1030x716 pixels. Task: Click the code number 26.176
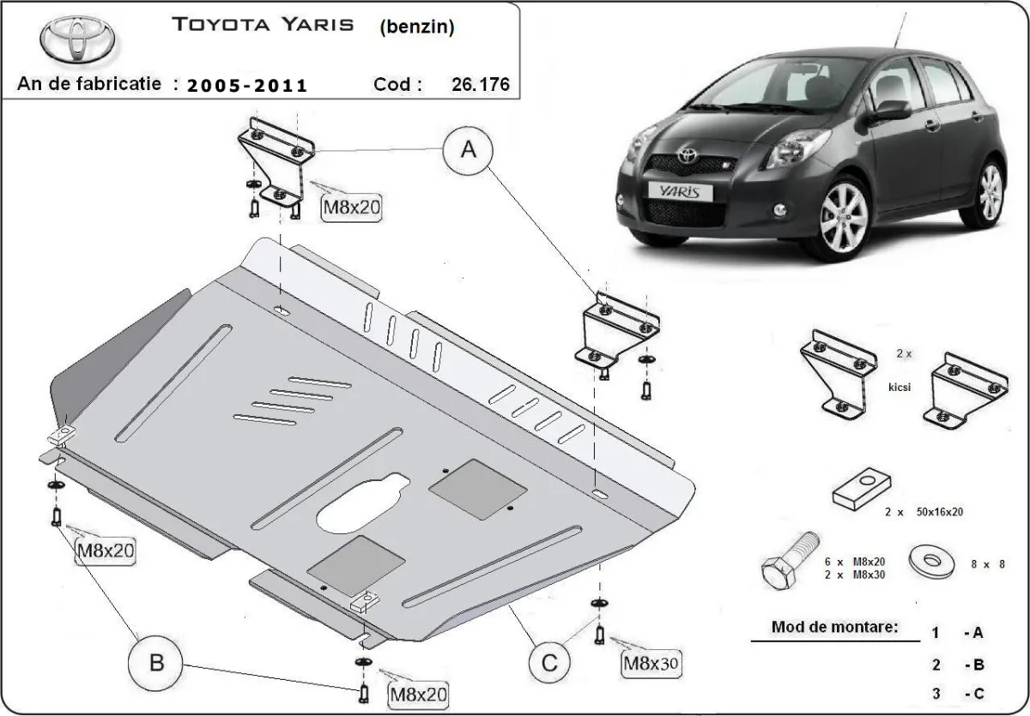[x=479, y=84]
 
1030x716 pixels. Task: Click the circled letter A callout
[x=469, y=151]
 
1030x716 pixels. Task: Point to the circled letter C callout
[x=548, y=661]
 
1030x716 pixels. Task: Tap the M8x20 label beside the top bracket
[x=350, y=206]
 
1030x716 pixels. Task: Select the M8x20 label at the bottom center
[x=419, y=693]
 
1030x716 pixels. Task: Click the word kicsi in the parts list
[x=900, y=387]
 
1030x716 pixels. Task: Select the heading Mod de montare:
[x=834, y=626]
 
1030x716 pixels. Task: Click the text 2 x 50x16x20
[x=924, y=511]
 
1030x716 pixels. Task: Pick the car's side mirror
[x=893, y=110]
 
